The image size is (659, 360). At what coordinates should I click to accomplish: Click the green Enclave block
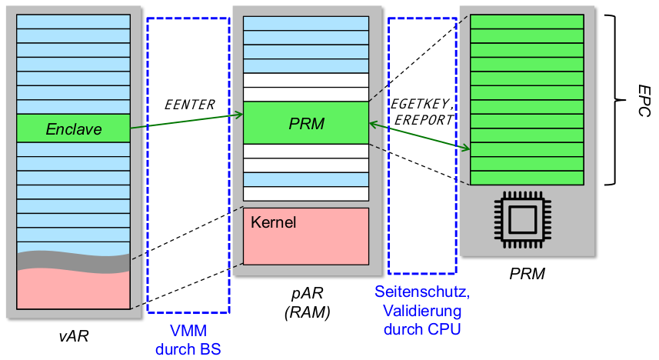[74, 128]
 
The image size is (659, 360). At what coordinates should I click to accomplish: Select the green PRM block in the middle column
[306, 123]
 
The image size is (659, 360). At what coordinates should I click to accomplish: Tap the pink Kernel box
[306, 235]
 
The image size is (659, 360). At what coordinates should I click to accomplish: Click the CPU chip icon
[527, 221]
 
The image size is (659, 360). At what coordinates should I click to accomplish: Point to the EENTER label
[191, 105]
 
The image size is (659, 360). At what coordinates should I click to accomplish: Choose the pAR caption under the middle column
[307, 295]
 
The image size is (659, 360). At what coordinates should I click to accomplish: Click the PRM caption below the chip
[528, 273]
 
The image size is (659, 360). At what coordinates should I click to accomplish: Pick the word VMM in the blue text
[188, 332]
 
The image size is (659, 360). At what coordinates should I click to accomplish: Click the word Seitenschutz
[422, 293]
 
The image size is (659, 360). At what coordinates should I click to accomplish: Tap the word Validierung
[422, 312]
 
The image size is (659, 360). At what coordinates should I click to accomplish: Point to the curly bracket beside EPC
[612, 100]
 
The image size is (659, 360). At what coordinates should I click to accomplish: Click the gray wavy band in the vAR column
[74, 262]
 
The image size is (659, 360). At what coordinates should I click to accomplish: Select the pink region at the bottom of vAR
[74, 290]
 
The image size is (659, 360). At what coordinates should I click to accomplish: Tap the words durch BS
[188, 349]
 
